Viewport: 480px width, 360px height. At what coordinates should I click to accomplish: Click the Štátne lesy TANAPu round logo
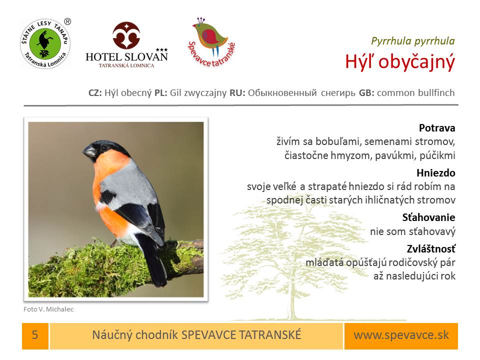[x=45, y=44]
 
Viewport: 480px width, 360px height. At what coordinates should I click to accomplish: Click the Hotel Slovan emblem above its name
[x=126, y=35]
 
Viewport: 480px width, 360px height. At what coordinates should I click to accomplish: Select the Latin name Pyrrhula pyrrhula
[x=412, y=41]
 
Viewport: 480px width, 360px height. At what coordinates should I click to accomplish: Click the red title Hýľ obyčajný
[x=400, y=61]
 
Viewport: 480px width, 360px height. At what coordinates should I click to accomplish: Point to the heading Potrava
[x=437, y=127]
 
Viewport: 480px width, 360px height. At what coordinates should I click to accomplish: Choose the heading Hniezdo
[x=435, y=173]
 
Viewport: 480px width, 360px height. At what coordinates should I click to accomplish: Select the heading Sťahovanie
[x=428, y=217]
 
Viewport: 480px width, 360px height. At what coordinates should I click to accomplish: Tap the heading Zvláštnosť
[x=431, y=248]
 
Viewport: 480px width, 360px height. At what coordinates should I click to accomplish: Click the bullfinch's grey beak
[x=89, y=151]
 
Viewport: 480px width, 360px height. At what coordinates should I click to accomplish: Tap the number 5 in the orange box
[x=35, y=335]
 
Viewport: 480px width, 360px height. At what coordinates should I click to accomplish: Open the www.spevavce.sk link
[x=401, y=335]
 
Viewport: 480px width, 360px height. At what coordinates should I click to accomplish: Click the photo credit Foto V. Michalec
[x=48, y=309]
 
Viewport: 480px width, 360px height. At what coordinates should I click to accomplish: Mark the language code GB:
[x=366, y=93]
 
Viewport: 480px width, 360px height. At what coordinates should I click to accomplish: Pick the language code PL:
[x=160, y=93]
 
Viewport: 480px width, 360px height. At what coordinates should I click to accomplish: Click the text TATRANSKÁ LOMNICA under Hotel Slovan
[x=126, y=65]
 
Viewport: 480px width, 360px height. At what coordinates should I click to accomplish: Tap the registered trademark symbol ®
[x=67, y=21]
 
